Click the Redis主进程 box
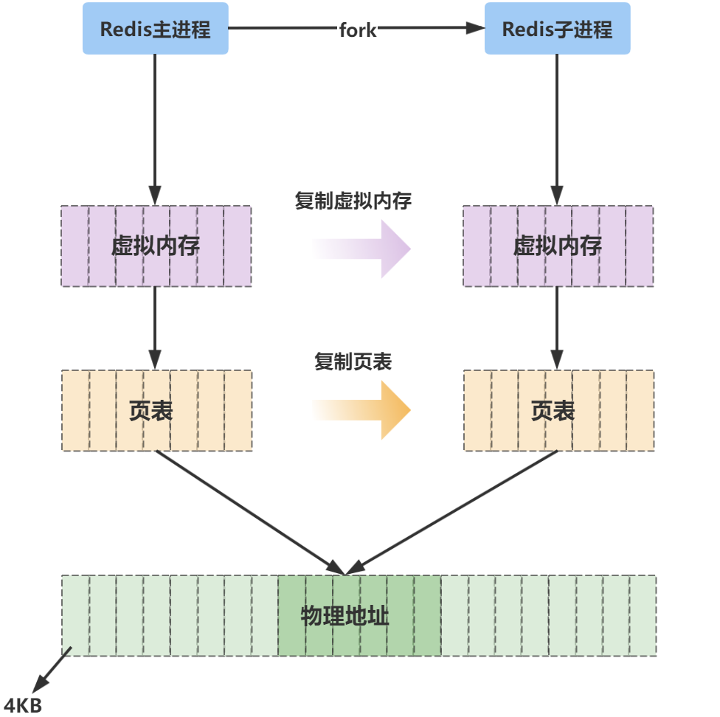(x=155, y=30)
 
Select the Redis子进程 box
(x=557, y=30)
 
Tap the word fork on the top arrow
(x=358, y=30)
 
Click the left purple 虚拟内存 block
(x=156, y=246)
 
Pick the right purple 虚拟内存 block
(x=558, y=246)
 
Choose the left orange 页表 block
(x=156, y=411)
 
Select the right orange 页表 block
(x=558, y=411)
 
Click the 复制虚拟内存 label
(x=353, y=201)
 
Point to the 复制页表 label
(x=353, y=361)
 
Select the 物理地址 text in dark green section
(x=345, y=616)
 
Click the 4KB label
(x=22, y=704)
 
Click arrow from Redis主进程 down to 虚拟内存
(x=155, y=125)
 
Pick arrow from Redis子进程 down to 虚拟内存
(x=557, y=125)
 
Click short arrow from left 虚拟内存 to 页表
(x=155, y=325)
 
